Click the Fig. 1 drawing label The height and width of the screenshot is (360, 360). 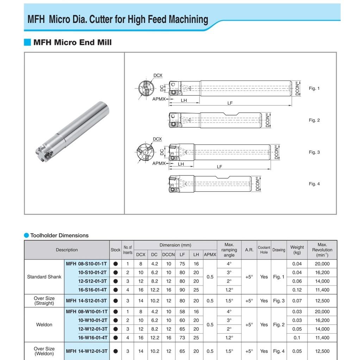[x=314, y=88]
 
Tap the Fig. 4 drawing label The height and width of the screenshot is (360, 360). [x=314, y=184]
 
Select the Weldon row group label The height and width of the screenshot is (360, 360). [x=44, y=324]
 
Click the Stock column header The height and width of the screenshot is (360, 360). [x=116, y=250]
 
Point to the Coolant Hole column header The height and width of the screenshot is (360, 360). [x=264, y=250]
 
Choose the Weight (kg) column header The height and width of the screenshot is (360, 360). [x=297, y=250]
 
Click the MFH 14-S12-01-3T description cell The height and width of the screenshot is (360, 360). [x=87, y=301]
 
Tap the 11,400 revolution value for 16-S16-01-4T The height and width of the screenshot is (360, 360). [x=322, y=290]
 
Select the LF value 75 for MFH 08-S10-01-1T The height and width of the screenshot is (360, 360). [x=182, y=264]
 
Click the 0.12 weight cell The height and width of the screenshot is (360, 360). [x=297, y=290]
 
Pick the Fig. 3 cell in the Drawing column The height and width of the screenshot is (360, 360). [x=279, y=301]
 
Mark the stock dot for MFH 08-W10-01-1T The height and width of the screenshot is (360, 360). [x=116, y=312]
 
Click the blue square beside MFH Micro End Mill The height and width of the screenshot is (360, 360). [x=27, y=42]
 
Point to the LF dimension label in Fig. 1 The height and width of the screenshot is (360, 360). [x=230, y=103]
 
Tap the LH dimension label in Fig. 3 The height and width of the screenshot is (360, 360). [x=181, y=164]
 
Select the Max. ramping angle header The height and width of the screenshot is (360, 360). [x=229, y=250]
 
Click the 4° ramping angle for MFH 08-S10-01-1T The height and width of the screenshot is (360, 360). [x=229, y=264]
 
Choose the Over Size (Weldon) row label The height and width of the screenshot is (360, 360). [x=44, y=351]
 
